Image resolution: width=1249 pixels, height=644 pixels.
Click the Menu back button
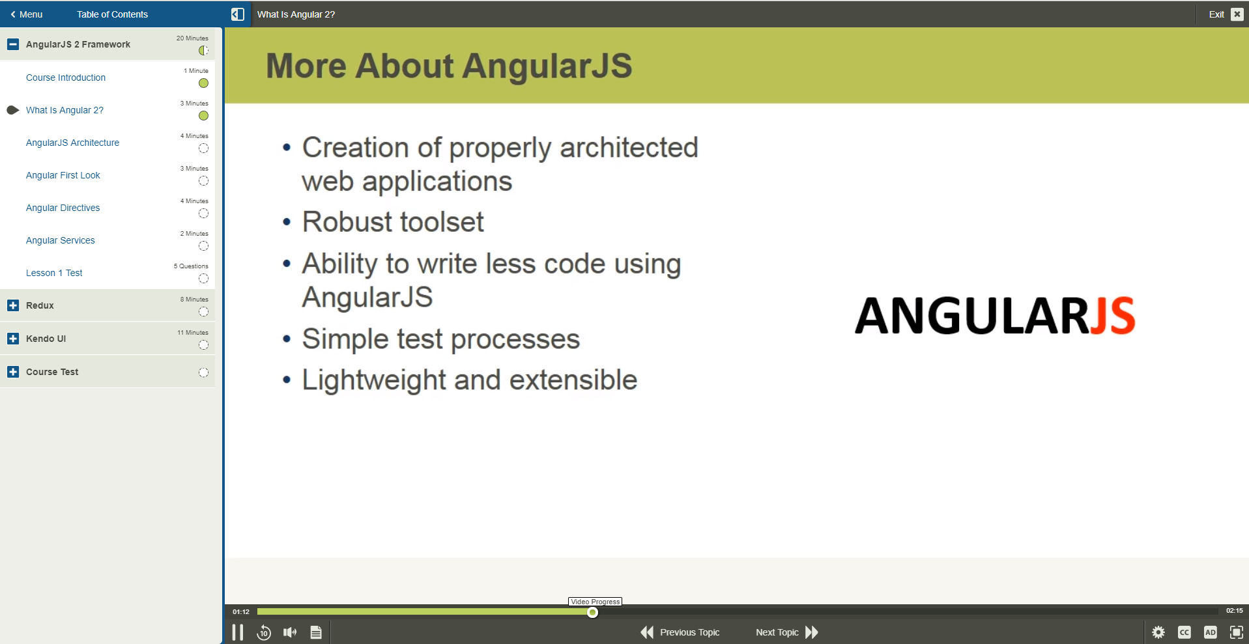[x=27, y=14]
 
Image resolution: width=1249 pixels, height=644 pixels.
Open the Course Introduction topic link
[x=66, y=77]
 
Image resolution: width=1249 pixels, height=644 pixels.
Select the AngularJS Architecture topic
[x=72, y=143]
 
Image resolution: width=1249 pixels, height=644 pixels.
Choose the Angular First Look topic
[x=63, y=175]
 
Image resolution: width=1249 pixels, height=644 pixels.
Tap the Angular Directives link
[x=63, y=208]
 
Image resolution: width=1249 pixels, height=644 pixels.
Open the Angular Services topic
[x=61, y=240]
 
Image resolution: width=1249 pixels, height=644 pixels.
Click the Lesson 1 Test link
[x=54, y=273]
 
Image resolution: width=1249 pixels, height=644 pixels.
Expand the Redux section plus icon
[x=13, y=305]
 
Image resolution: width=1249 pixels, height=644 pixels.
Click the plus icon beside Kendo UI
[x=13, y=339]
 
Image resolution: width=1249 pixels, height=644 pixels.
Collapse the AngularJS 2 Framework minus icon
[x=13, y=44]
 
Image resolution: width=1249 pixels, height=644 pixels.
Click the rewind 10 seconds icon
[x=264, y=632]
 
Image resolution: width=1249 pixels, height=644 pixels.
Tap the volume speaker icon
[x=290, y=632]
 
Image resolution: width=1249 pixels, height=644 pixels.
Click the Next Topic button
[x=787, y=632]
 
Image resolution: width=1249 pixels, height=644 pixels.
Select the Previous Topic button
[x=680, y=632]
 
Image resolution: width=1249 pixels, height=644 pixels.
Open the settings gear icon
[x=1158, y=632]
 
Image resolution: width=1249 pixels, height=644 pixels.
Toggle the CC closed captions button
[x=1184, y=632]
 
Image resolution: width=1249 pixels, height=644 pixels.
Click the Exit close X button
[x=1237, y=14]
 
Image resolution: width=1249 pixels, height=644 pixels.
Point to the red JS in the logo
[x=1113, y=316]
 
